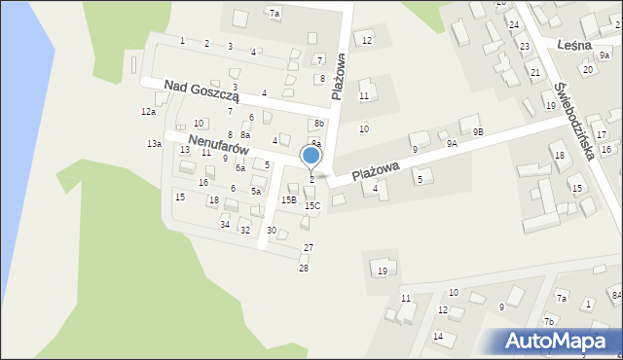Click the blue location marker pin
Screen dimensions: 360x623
[x=311, y=156]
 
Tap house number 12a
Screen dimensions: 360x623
[x=148, y=112]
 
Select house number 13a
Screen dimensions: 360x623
[x=154, y=144]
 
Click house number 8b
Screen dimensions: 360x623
[x=319, y=124]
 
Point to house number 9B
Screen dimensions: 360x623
[x=477, y=131]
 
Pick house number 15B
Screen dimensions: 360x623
[x=288, y=199]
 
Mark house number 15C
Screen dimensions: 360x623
[x=312, y=205]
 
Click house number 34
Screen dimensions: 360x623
[x=225, y=225]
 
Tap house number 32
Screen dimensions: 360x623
[x=245, y=230]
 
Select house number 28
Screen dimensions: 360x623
[x=304, y=268]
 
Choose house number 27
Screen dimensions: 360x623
[x=309, y=248]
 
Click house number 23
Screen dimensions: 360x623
[x=524, y=47]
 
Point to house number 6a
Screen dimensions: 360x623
[x=239, y=168]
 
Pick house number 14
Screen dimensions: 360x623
[x=438, y=337]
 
